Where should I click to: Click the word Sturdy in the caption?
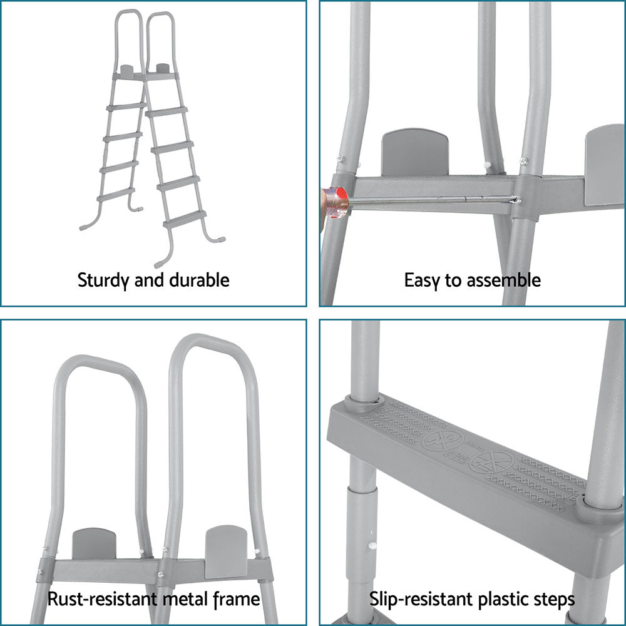point(102,280)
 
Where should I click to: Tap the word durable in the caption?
point(199,280)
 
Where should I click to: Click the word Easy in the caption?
point(422,280)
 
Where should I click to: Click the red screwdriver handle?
point(336,202)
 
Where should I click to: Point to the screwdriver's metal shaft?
point(432,200)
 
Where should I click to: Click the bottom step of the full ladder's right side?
point(185,218)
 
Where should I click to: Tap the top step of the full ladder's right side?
point(167,112)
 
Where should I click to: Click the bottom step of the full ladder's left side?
point(116,194)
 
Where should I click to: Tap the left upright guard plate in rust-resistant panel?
point(94,543)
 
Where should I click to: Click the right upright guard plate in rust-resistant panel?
point(226,550)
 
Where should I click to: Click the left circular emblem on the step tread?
point(443,439)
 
